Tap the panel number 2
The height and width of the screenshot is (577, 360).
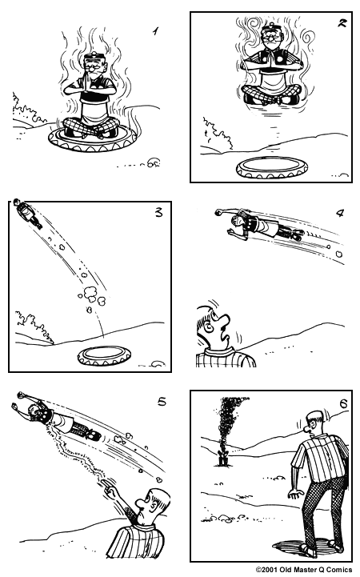coord(342,24)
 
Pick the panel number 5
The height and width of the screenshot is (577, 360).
coord(162,402)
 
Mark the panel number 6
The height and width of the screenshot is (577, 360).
coord(342,403)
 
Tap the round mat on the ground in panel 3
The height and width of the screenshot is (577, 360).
coord(103,355)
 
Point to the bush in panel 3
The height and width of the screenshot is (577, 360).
coord(33,327)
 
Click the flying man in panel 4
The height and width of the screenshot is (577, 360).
coord(260,223)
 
